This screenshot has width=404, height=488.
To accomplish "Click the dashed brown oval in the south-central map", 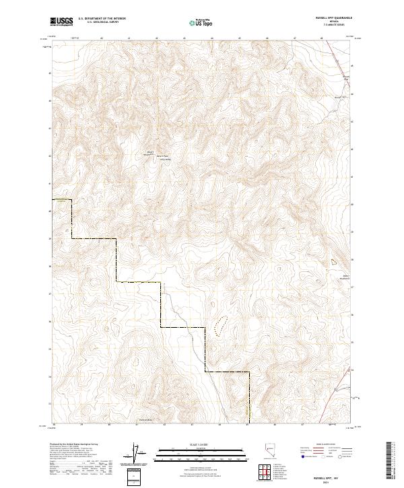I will point(218,326).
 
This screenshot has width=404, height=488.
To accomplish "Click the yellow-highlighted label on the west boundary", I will point(61,199).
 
